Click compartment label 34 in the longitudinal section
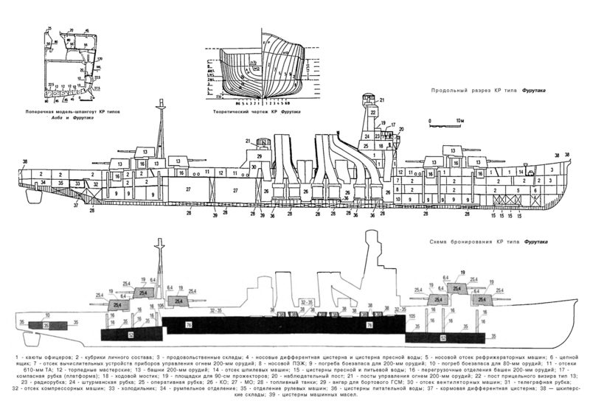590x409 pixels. [x=44, y=181]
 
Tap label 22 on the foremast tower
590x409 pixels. [x=372, y=112]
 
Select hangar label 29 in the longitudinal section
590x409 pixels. [x=260, y=157]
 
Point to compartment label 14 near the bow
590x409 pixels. [x=521, y=171]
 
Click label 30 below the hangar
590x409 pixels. [x=254, y=167]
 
